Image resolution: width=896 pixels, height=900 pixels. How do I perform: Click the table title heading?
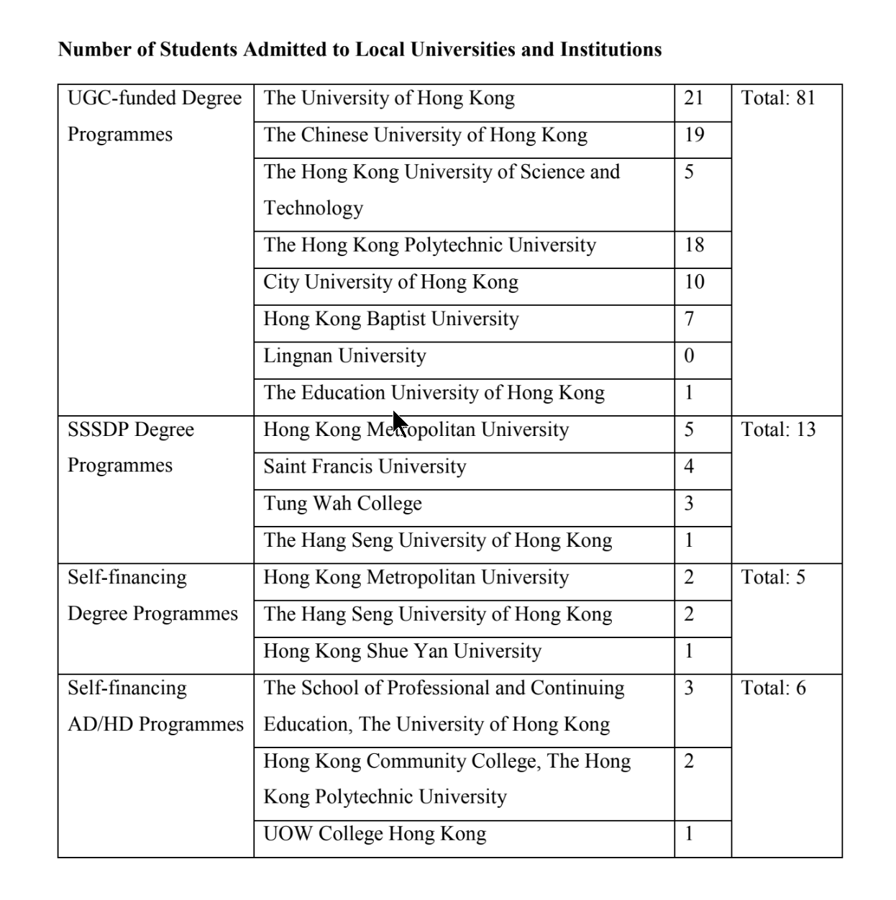click(360, 50)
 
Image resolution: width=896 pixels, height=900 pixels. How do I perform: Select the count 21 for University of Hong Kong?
click(693, 98)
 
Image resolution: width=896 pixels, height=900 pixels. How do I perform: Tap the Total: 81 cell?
click(778, 98)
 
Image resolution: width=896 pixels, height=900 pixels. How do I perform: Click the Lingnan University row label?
click(344, 356)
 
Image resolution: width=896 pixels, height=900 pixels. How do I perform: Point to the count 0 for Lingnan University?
click(689, 356)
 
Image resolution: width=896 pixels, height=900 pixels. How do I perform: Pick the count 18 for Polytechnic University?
click(694, 245)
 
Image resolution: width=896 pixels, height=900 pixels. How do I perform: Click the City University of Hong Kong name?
click(390, 282)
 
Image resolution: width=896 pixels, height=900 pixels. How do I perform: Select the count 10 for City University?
click(694, 282)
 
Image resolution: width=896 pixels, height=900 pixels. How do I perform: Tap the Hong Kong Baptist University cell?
click(390, 319)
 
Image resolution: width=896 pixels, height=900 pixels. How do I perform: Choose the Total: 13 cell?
click(778, 429)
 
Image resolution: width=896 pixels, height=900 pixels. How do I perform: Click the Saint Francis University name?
click(365, 466)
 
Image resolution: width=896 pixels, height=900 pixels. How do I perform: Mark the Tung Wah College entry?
click(342, 504)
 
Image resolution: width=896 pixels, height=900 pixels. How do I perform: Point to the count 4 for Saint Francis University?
click(689, 466)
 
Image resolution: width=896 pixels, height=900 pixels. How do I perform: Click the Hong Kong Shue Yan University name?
click(402, 651)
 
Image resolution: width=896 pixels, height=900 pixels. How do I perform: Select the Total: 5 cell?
click(773, 577)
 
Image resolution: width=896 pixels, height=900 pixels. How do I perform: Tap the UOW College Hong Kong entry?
click(375, 834)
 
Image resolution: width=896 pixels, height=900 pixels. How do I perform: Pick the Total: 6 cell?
click(773, 688)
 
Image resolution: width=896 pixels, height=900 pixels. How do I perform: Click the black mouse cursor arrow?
click(399, 423)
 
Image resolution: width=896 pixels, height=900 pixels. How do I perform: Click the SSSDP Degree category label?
click(131, 429)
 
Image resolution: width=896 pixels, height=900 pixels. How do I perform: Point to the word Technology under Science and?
click(314, 209)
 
